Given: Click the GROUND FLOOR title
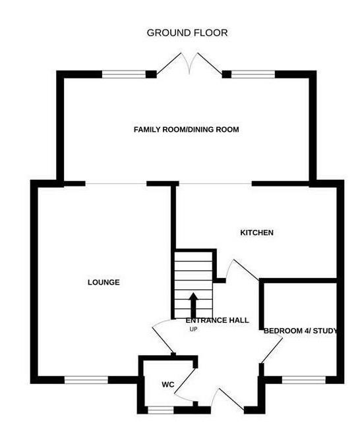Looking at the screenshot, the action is (187, 33).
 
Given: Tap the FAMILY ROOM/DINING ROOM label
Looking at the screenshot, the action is (186, 129).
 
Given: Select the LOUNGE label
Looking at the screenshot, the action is (104, 282).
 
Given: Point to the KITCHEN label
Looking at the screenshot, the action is (257, 233).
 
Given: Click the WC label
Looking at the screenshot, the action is (168, 385).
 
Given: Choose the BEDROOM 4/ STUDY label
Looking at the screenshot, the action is (301, 331).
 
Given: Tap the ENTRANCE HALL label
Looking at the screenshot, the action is (217, 320).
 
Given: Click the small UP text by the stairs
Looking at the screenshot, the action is (193, 329).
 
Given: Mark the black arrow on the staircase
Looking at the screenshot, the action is (193, 305).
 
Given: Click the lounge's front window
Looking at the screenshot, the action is (86, 380).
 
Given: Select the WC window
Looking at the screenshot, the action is (161, 410).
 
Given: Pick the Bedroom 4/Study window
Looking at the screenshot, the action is (303, 380).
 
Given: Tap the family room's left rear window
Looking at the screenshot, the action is (124, 74).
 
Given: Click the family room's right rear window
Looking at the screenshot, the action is (253, 74).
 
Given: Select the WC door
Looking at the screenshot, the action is (185, 380).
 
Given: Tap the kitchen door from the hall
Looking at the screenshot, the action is (244, 269).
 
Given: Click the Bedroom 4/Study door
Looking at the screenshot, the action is (272, 350).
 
